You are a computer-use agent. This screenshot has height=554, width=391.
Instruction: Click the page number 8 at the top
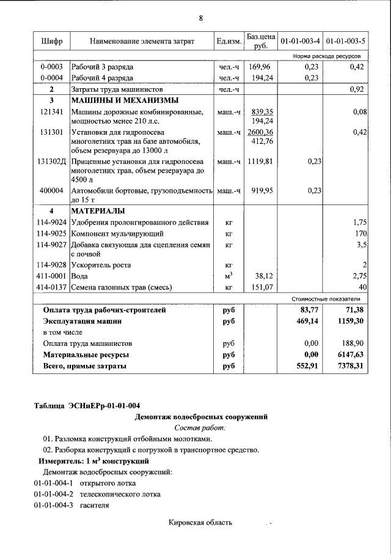click(200, 18)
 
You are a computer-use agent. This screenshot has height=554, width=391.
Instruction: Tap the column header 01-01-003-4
click(299, 42)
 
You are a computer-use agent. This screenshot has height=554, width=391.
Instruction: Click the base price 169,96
click(261, 67)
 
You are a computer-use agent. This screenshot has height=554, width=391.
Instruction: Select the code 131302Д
click(53, 162)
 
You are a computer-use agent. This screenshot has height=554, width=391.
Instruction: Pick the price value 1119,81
click(261, 162)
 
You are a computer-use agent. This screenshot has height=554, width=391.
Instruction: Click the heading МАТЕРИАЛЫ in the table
click(98, 211)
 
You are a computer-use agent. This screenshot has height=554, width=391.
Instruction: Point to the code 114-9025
click(52, 234)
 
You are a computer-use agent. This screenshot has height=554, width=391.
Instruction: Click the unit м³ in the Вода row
click(228, 275)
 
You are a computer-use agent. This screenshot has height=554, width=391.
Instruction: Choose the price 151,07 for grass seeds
click(261, 286)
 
